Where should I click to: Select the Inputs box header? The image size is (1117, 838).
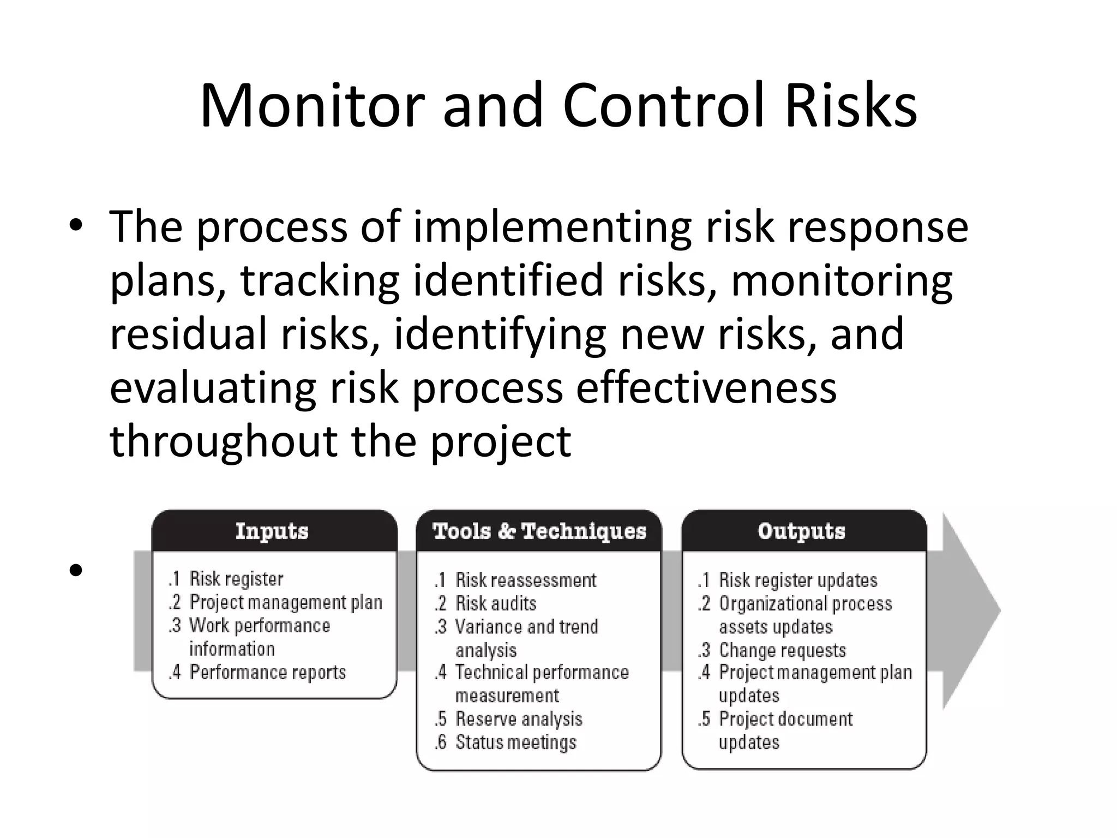pos(272,531)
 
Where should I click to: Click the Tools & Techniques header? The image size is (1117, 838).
pos(539,531)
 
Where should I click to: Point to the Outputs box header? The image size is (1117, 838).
pos(801,531)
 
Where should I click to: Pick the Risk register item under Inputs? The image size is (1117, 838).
pos(236,579)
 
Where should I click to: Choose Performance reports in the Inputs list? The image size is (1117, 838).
pos(267,672)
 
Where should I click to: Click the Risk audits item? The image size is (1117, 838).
pos(495,603)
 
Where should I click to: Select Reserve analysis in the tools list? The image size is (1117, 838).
pos(518,719)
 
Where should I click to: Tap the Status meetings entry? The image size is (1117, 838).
pos(515,743)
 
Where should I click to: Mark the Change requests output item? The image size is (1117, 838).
pos(782,650)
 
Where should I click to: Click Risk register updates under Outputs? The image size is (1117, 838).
pos(797,580)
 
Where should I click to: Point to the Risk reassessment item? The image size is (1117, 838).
pos(525,580)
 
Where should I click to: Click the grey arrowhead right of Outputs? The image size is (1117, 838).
pos(971,611)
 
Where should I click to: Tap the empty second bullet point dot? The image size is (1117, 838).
pos(76,571)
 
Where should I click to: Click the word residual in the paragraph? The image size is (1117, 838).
pos(188,334)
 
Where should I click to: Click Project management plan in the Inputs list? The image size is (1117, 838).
pos(285,602)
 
